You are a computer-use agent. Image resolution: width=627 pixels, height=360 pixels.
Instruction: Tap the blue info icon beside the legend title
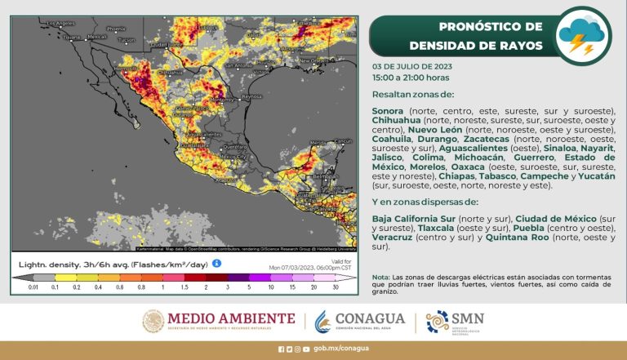(x=217, y=263)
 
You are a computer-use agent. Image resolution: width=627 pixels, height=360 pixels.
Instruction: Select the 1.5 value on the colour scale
(x=185, y=287)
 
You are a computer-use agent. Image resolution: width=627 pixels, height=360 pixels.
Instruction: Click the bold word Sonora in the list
(x=389, y=110)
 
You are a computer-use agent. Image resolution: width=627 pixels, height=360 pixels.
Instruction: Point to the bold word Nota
(x=381, y=278)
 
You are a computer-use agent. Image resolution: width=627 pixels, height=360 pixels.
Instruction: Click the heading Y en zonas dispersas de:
(x=425, y=202)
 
